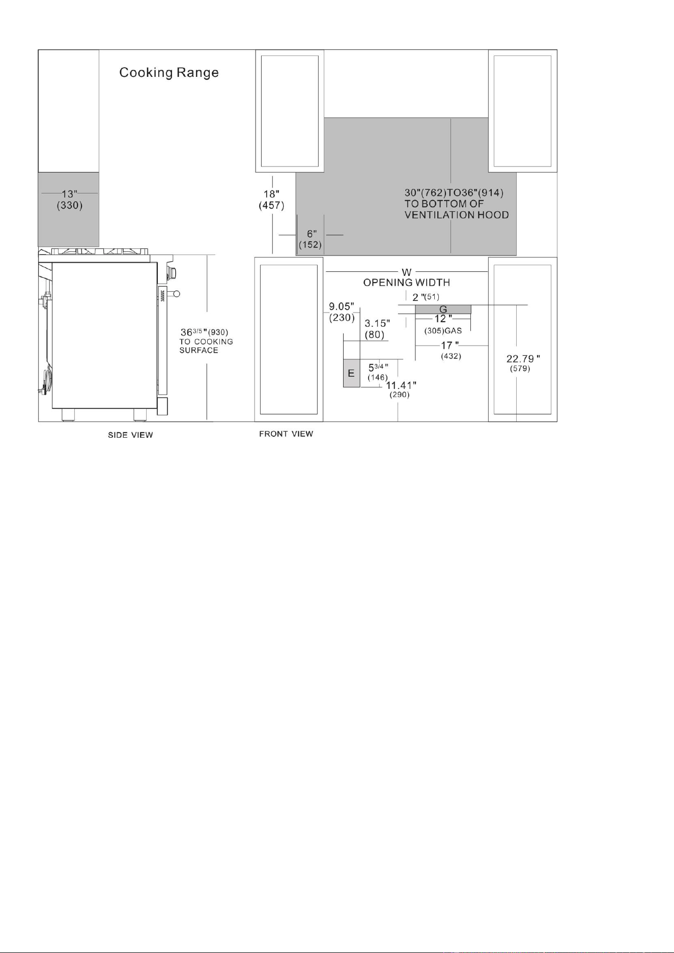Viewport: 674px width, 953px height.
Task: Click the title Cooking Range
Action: (x=169, y=73)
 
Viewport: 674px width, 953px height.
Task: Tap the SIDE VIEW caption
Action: (x=130, y=435)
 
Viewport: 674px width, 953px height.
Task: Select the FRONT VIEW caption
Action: (x=286, y=434)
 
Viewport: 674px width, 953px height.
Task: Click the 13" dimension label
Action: (x=70, y=194)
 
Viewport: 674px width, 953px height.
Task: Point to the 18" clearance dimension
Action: (x=271, y=194)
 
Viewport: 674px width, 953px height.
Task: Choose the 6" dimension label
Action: (x=312, y=234)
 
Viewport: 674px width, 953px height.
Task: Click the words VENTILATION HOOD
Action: (x=457, y=215)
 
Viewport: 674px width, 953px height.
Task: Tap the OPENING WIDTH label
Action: (x=406, y=282)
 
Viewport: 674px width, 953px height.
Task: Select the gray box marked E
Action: (x=351, y=373)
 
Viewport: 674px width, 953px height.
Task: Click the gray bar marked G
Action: (x=443, y=309)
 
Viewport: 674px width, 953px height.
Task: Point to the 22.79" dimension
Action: (x=523, y=359)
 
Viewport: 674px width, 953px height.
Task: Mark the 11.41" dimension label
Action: (x=401, y=385)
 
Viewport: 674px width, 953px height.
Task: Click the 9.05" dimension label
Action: (x=341, y=306)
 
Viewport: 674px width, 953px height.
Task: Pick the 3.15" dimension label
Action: (x=377, y=324)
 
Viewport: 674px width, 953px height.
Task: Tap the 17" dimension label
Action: (x=450, y=346)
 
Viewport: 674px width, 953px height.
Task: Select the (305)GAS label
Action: (x=443, y=331)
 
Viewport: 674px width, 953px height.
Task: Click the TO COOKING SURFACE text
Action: (x=206, y=346)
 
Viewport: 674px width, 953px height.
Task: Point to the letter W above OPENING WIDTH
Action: (x=406, y=273)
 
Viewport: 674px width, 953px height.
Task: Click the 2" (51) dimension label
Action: (x=426, y=297)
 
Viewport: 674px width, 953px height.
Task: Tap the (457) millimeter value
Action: (x=271, y=206)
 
